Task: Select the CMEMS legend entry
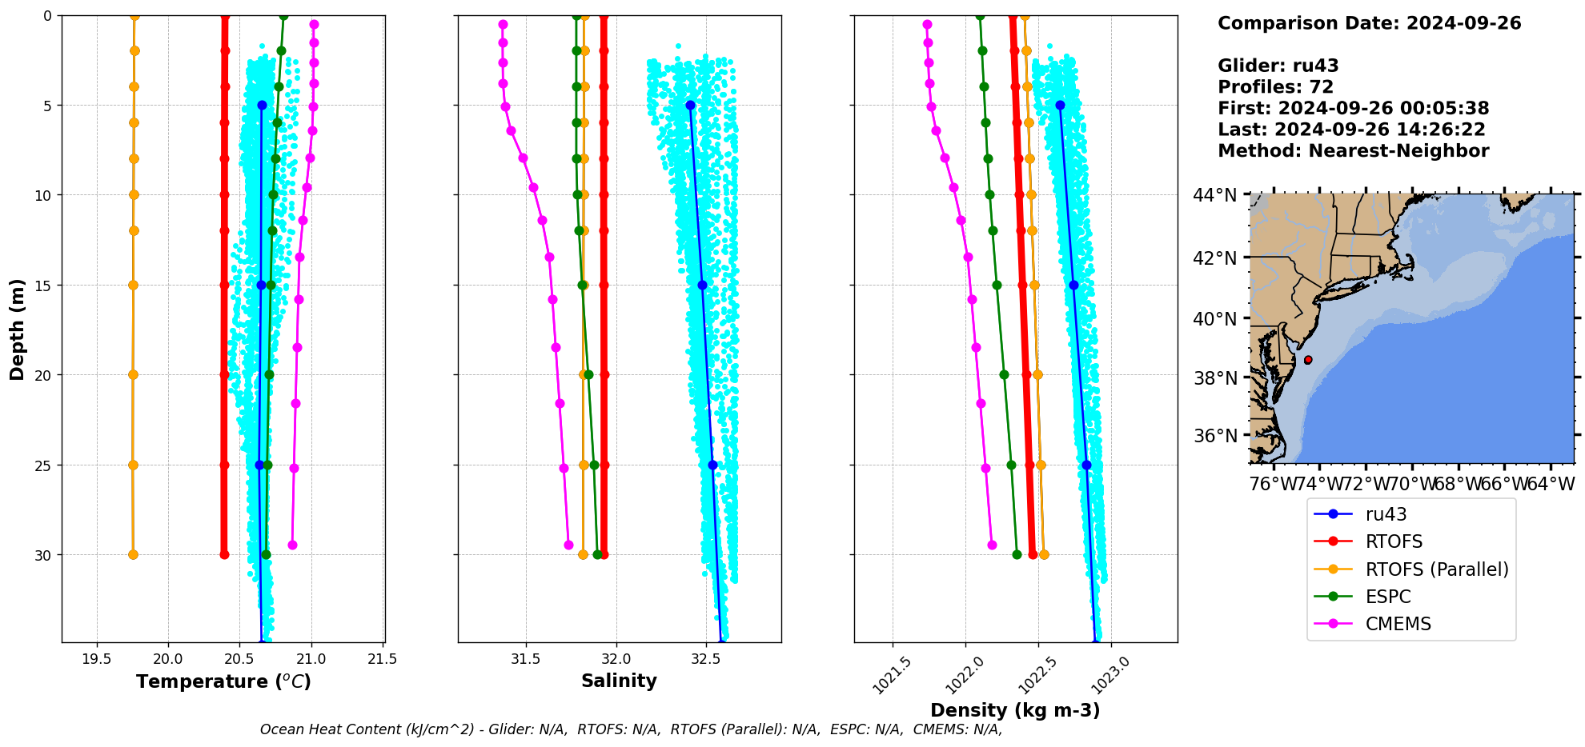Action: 1398,624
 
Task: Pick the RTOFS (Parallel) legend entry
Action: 1436,569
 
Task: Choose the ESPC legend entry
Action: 1388,597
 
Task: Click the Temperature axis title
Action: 223,681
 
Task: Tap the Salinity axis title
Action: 619,681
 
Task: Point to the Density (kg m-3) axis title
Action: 1015,710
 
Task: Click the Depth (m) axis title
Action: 18,329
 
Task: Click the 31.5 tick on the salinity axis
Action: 526,659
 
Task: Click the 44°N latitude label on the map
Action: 1215,195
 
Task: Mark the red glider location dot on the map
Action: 1308,360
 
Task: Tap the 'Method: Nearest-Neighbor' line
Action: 1353,150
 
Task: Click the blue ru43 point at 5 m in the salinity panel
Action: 690,105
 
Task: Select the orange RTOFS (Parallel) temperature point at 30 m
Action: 133,554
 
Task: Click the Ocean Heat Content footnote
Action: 631,729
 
